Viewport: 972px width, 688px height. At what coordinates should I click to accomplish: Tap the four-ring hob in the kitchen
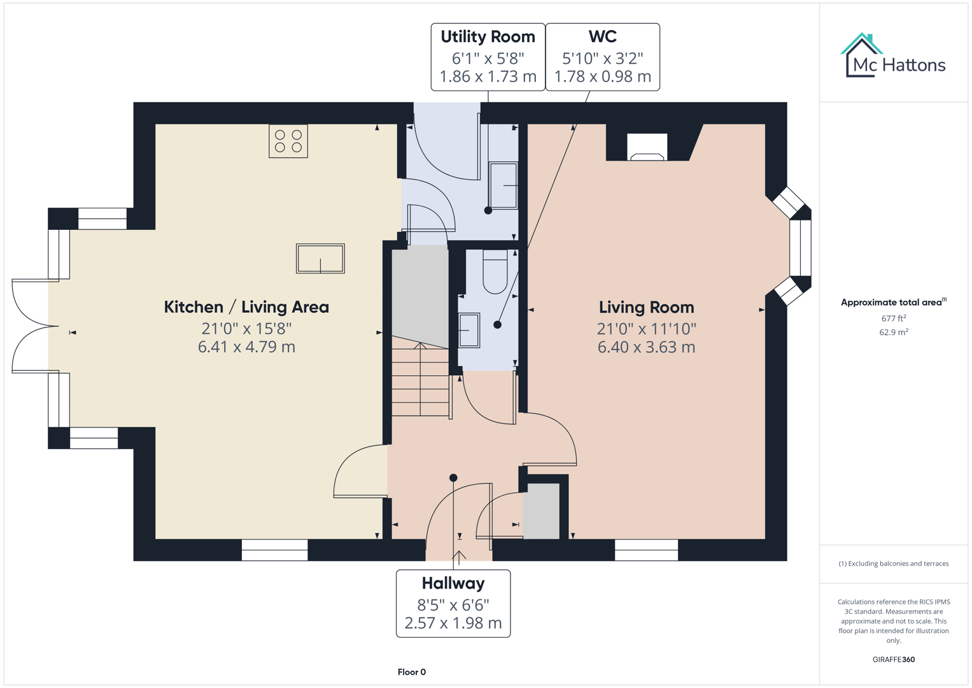288,141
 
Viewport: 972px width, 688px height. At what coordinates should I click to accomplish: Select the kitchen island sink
320,259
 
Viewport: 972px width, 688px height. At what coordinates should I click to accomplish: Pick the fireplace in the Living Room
647,147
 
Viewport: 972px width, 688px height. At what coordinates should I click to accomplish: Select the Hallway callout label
453,603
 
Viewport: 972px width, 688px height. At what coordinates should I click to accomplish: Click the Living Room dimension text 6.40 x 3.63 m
646,347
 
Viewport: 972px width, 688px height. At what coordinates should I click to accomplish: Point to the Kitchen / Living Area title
246,307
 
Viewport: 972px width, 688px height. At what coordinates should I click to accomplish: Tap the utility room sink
504,185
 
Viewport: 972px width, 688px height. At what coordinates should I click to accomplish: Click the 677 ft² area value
893,319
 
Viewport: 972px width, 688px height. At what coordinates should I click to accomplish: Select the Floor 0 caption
411,672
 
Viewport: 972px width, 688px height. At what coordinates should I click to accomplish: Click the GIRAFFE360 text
893,659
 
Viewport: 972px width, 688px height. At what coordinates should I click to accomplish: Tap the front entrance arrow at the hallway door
459,556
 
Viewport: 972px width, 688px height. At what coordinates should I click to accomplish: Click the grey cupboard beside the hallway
541,512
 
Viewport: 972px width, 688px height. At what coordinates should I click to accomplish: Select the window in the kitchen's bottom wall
275,550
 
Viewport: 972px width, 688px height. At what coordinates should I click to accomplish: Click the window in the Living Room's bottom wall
646,550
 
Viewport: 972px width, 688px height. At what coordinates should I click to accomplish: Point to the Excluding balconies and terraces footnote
893,564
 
